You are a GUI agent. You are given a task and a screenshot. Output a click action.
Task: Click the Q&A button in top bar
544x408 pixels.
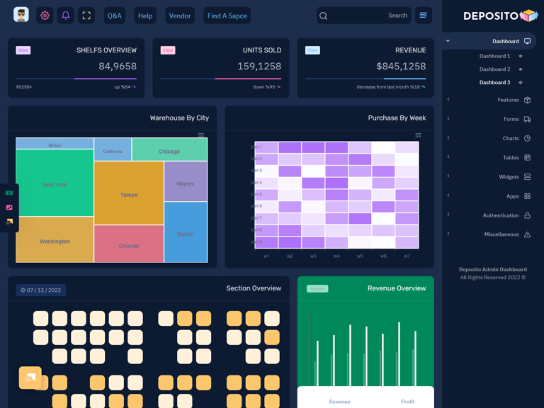(x=115, y=16)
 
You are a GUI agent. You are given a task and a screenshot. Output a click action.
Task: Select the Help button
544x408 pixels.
(x=145, y=16)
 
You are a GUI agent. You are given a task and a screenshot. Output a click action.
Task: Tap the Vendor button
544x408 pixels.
(x=180, y=16)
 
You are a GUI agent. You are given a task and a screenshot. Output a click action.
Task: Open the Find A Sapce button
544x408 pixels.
(x=227, y=16)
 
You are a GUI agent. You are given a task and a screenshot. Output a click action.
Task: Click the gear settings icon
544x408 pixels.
(x=45, y=16)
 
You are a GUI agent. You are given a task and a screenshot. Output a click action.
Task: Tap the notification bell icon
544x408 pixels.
(x=65, y=16)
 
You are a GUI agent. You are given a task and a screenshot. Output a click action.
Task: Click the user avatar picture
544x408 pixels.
(x=21, y=15)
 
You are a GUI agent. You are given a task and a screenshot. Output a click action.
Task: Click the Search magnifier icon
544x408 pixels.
(x=323, y=16)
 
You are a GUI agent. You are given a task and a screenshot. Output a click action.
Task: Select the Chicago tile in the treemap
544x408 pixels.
(x=169, y=151)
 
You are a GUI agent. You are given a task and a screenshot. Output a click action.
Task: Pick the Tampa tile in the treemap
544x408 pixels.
(x=129, y=194)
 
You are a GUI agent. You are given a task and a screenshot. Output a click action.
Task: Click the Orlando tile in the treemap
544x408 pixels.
(x=129, y=245)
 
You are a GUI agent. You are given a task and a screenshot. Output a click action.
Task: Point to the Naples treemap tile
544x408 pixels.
(x=185, y=183)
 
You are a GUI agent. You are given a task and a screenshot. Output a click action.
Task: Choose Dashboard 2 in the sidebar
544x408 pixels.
(x=494, y=69)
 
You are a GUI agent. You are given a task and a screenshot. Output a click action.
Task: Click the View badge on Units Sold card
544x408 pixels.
(x=168, y=50)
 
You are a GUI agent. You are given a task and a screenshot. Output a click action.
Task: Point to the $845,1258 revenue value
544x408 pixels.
(x=401, y=67)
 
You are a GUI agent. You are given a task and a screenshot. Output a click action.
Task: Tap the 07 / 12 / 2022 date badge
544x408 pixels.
(x=41, y=290)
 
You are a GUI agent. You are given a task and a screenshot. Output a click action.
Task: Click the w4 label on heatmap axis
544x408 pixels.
(x=336, y=256)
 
